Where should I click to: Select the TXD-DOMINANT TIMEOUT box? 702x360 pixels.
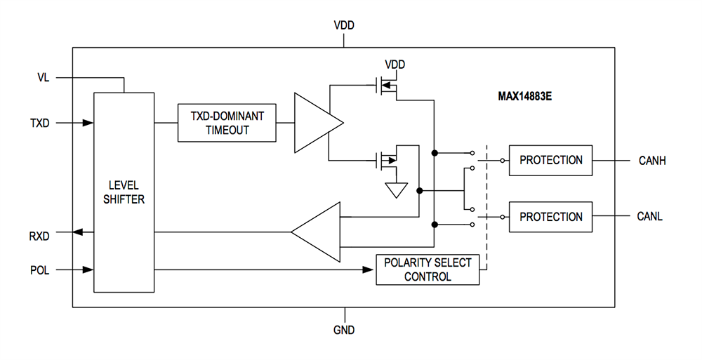(226, 123)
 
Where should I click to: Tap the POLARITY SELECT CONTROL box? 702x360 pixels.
(427, 269)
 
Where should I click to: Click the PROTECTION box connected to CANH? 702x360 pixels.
(550, 160)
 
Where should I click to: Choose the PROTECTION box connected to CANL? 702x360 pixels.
(550, 217)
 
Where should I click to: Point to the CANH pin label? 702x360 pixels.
(651, 161)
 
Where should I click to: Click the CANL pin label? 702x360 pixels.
(650, 217)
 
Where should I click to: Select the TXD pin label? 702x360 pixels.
(40, 123)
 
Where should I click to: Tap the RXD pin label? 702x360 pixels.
(40, 236)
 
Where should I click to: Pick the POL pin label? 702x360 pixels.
(40, 269)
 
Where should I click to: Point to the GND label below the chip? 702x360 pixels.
(344, 329)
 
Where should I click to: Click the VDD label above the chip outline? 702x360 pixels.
(344, 25)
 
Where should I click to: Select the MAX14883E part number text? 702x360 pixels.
(520, 96)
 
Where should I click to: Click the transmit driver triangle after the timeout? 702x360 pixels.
(316, 123)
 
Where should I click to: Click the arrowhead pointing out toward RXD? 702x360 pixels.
(79, 232)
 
